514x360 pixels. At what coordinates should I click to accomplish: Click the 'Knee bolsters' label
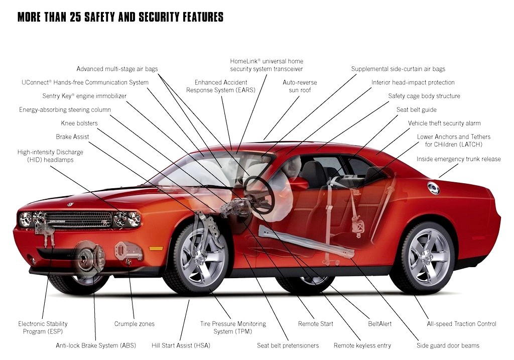[79, 124]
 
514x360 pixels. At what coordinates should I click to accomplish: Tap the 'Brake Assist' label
[72, 137]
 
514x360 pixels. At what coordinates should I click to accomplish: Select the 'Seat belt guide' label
[416, 109]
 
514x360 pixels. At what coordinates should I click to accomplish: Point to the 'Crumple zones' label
[135, 324]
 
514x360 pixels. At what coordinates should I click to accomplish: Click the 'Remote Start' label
[315, 324]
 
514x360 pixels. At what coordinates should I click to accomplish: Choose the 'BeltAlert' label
[379, 324]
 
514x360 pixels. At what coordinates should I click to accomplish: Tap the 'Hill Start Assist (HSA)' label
[181, 345]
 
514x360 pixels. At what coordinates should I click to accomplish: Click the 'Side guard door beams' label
[448, 345]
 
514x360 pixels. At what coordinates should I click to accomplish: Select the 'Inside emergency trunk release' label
[459, 159]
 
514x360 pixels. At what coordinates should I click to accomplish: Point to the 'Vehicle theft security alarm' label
[444, 124]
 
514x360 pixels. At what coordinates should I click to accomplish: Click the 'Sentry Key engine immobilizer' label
[84, 96]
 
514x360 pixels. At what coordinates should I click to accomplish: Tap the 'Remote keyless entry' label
[362, 345]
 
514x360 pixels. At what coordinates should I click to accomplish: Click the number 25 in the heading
[75, 17]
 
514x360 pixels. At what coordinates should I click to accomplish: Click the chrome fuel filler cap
[433, 188]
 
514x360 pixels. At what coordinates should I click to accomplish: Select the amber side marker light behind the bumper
[156, 248]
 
